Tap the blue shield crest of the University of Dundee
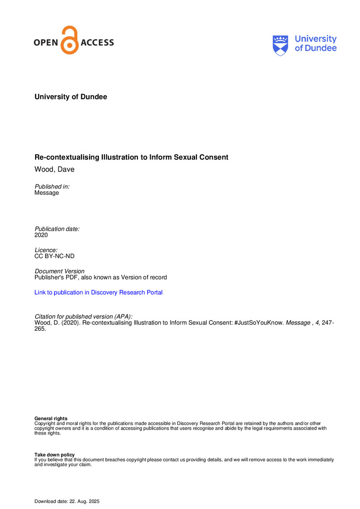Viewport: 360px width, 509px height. (281, 44)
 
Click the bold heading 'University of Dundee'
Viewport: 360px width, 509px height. (71, 97)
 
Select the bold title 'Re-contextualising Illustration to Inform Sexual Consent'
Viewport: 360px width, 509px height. (131, 157)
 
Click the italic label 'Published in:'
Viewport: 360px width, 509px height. (52, 187)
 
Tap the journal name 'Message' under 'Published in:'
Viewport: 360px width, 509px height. (46, 193)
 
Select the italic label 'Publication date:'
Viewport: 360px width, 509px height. (57, 230)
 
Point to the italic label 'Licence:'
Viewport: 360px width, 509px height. (46, 251)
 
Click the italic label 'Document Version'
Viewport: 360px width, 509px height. (59, 271)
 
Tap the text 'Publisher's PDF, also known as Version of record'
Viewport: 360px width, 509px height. (100, 277)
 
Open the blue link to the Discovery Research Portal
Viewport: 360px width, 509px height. (98, 293)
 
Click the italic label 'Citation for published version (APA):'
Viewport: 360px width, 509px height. (83, 316)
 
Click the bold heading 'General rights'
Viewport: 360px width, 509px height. (50, 419)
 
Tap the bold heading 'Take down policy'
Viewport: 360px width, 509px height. (54, 455)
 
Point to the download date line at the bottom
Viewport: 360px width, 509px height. (67, 502)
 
